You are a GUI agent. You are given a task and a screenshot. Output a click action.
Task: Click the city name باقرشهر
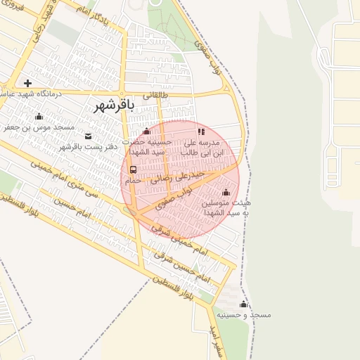[112, 105]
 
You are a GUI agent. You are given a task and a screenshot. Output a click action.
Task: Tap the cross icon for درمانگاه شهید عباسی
[27, 83]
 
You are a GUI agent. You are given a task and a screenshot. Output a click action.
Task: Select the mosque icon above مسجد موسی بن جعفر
[39, 117]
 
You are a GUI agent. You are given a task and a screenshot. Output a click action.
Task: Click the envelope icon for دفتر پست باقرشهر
[88, 136]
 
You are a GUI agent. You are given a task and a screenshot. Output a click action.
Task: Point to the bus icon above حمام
[133, 169]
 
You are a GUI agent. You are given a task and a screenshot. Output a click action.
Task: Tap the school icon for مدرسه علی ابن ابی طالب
[201, 131]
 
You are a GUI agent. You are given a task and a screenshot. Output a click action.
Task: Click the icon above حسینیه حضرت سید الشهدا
[146, 131]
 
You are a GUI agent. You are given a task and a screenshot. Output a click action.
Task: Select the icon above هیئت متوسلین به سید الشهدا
[226, 192]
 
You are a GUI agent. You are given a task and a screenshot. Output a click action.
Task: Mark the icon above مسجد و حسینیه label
[243, 304]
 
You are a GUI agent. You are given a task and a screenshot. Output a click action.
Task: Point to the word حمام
[133, 181]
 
